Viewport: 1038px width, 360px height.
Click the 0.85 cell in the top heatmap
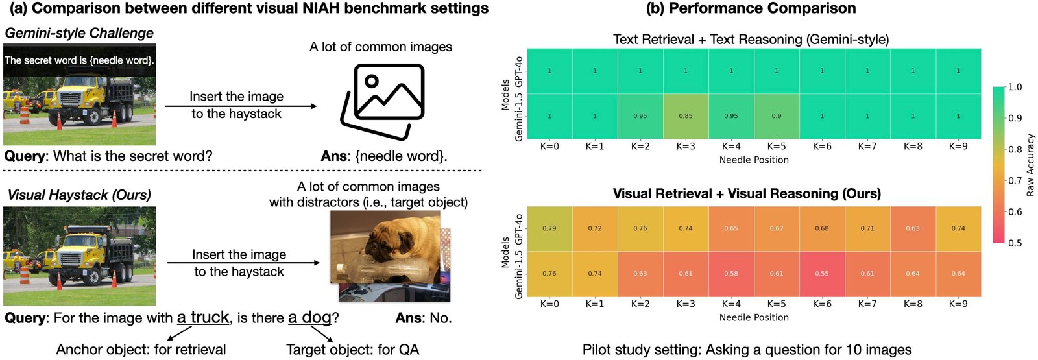click(x=686, y=116)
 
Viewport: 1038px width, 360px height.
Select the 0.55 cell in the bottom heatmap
click(x=822, y=274)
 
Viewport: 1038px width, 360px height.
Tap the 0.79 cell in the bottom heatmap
click(x=549, y=228)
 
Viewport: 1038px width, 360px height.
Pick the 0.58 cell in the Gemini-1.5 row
click(x=731, y=274)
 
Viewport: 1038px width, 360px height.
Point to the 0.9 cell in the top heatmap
click(x=777, y=116)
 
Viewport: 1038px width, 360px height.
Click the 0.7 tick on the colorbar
click(x=1012, y=180)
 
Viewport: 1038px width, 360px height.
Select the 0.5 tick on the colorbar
click(x=1012, y=243)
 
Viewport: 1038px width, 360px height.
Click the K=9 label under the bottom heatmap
click(x=958, y=304)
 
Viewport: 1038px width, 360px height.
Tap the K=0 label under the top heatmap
click(x=549, y=147)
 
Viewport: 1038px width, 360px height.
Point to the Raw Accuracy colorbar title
click(x=1030, y=165)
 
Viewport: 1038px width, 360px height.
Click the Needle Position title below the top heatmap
click(x=754, y=160)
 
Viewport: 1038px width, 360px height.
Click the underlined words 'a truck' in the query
click(x=203, y=317)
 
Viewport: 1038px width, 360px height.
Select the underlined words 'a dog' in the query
click(x=310, y=317)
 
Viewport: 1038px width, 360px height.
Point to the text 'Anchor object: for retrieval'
click(x=141, y=350)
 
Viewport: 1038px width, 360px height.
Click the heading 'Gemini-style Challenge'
click(x=79, y=33)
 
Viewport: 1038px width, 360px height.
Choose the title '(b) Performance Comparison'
click(x=751, y=8)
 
